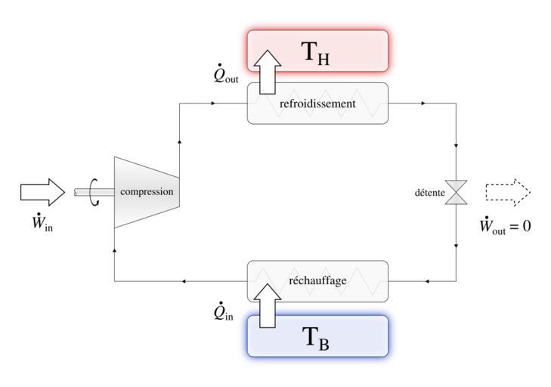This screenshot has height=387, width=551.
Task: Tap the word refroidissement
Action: click(317, 104)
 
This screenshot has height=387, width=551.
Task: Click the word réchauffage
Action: click(317, 281)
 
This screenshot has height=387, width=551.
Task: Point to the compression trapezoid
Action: click(145, 192)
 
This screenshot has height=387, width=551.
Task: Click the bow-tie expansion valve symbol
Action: click(457, 192)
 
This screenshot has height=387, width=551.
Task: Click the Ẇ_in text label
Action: click(42, 225)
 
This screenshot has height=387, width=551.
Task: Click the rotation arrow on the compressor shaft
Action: click(94, 192)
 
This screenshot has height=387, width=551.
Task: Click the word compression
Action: click(147, 192)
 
